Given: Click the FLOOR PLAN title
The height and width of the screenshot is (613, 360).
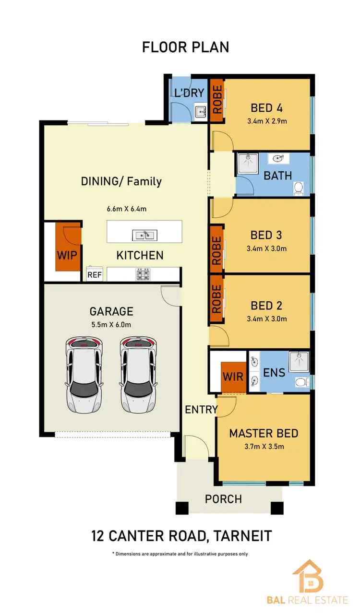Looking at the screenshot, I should pos(185,47).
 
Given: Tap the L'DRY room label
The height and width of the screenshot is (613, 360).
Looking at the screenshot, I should pos(190,93).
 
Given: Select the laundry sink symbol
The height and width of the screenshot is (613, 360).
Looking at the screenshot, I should pos(201,112).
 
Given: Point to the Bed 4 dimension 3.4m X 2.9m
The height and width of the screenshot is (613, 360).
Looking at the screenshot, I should pos(267,121).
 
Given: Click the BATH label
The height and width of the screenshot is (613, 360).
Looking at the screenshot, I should pos(277,176).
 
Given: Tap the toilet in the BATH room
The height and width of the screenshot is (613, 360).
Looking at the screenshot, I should pos(298,188).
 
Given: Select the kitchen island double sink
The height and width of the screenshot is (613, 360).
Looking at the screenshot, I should pos(144,235).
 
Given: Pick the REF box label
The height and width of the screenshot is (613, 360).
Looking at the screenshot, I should pos(94,275).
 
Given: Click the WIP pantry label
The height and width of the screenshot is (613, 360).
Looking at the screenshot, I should pos(68,255).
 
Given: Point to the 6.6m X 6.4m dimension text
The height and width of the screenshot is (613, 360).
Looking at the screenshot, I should pos(126,209).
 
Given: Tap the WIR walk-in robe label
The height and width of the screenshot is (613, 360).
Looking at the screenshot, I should pos(233,377).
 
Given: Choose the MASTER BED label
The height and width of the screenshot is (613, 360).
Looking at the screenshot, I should pos(264,434).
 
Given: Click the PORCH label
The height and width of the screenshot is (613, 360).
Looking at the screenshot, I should pos(223,499).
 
